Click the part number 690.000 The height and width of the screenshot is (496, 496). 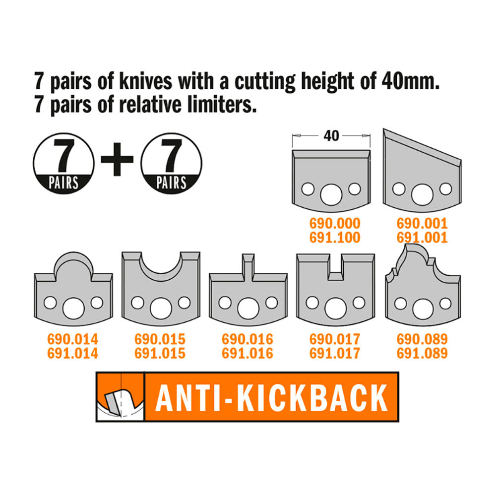pyautogui.click(x=335, y=224)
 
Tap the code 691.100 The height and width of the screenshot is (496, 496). pyautogui.click(x=335, y=238)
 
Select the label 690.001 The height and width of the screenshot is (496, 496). pyautogui.click(x=422, y=224)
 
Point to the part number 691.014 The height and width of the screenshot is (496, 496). pyautogui.click(x=73, y=353)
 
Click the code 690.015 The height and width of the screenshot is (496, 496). pyautogui.click(x=160, y=339)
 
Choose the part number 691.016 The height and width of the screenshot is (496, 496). pyautogui.click(x=248, y=353)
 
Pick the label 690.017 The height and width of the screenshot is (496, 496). pyautogui.click(x=335, y=339)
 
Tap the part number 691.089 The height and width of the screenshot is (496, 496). pyautogui.click(x=422, y=353)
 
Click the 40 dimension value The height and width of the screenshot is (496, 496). pyautogui.click(x=331, y=136)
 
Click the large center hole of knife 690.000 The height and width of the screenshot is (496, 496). pyautogui.click(x=331, y=194)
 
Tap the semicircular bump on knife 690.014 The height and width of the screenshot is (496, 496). pyautogui.click(x=74, y=265)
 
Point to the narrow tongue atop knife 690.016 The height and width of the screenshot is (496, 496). pyautogui.click(x=248, y=267)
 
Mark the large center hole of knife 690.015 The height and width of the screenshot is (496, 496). pyautogui.click(x=161, y=308)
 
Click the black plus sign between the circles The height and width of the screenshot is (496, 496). pyautogui.click(x=117, y=159)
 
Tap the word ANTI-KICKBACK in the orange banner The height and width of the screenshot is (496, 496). pyautogui.click(x=271, y=397)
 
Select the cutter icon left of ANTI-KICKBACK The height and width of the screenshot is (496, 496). pyautogui.click(x=121, y=397)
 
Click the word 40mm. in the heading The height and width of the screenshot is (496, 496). pyautogui.click(x=411, y=82)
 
